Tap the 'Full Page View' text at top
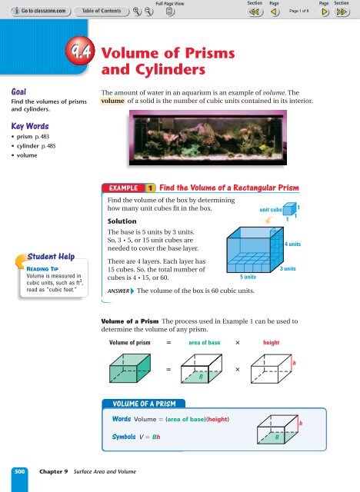point(176,4)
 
